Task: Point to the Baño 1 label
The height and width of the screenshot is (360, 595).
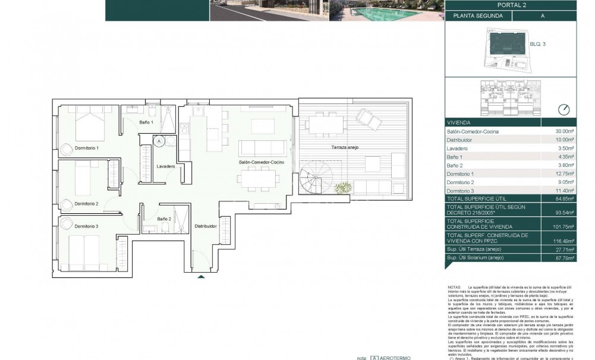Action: pyautogui.click(x=147, y=122)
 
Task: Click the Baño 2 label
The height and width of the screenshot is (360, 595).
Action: pyautogui.click(x=165, y=219)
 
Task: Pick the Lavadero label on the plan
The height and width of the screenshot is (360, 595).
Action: pyautogui.click(x=166, y=167)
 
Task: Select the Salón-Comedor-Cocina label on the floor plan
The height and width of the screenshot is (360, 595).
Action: pyautogui.click(x=261, y=162)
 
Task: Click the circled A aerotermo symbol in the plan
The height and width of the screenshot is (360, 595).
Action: pyautogui.click(x=159, y=141)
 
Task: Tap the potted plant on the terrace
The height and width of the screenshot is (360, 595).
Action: pyautogui.click(x=342, y=188)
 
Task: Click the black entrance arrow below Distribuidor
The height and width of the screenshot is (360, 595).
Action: pyautogui.click(x=202, y=276)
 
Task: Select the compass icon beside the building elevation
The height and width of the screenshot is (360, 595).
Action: pyautogui.click(x=564, y=109)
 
